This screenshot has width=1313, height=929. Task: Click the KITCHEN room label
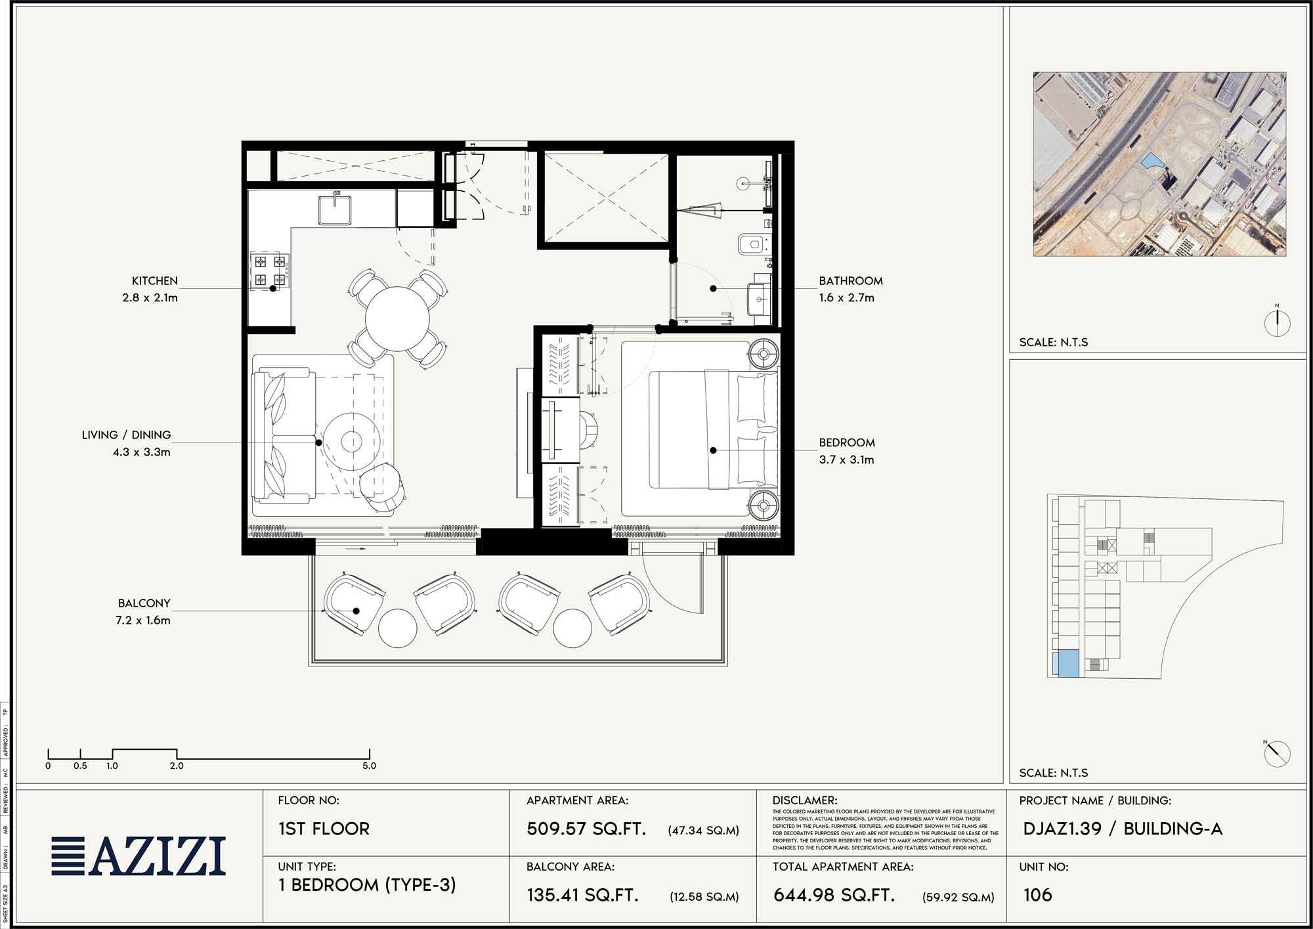154,281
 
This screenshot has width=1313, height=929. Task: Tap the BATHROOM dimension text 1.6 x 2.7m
846,298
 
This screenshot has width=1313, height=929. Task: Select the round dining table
397,319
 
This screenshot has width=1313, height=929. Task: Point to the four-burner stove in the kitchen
270,271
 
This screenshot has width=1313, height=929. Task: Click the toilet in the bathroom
752,245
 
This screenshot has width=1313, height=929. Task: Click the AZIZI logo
139,856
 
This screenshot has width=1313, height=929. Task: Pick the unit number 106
1037,895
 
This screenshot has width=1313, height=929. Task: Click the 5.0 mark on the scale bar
369,766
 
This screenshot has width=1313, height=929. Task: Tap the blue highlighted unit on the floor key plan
1065,663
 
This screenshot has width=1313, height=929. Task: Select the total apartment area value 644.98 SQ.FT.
834,895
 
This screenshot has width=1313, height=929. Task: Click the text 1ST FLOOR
324,829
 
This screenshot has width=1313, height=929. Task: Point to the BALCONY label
144,603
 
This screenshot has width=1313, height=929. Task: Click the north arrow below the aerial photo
1277,322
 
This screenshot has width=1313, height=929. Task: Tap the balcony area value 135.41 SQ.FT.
582,895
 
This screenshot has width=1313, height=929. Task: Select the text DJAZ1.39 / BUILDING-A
1123,829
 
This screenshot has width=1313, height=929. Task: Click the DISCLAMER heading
805,800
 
